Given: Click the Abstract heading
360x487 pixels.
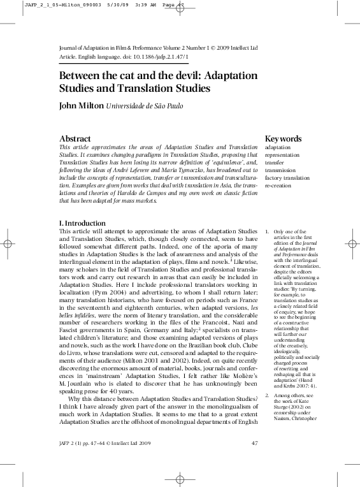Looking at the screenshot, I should click(x=75, y=138).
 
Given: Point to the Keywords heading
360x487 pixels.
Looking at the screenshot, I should click(x=283, y=138).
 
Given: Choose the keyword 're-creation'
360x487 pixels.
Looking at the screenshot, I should click(x=277, y=187).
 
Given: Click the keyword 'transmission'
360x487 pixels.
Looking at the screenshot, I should click(x=280, y=171).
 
